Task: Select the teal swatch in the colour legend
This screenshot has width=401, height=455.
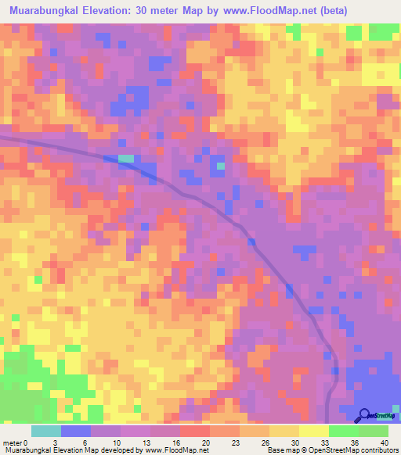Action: pyautogui.click(x=45, y=430)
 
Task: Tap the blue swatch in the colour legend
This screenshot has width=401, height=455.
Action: pyautogui.click(x=76, y=430)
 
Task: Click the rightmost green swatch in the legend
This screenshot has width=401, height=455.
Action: pyautogui.click(x=374, y=430)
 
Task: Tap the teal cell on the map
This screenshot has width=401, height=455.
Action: pyautogui.click(x=126, y=159)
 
